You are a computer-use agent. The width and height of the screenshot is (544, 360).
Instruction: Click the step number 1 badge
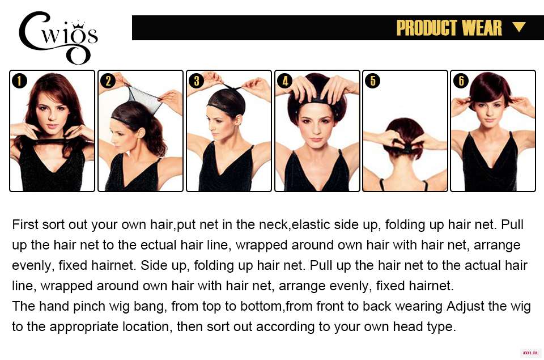point(19,81)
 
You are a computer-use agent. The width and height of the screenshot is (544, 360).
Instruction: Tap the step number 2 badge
point(108,81)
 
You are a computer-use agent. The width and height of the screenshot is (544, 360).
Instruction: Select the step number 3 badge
point(197,81)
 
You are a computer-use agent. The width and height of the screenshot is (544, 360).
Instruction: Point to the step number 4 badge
point(285,81)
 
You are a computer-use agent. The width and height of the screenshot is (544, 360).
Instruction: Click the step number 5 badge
point(373,81)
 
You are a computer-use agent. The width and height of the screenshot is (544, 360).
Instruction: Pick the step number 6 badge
point(461,81)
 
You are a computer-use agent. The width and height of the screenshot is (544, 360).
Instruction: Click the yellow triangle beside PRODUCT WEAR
point(518,27)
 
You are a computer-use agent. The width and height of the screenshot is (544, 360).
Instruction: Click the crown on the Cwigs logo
point(78,24)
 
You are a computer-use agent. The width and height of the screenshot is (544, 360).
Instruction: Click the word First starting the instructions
point(25,225)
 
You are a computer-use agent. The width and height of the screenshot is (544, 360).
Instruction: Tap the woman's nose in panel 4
point(316,129)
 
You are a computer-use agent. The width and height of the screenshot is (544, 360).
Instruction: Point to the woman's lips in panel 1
point(52,126)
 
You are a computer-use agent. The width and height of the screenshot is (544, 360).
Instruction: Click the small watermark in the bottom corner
point(530,353)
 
